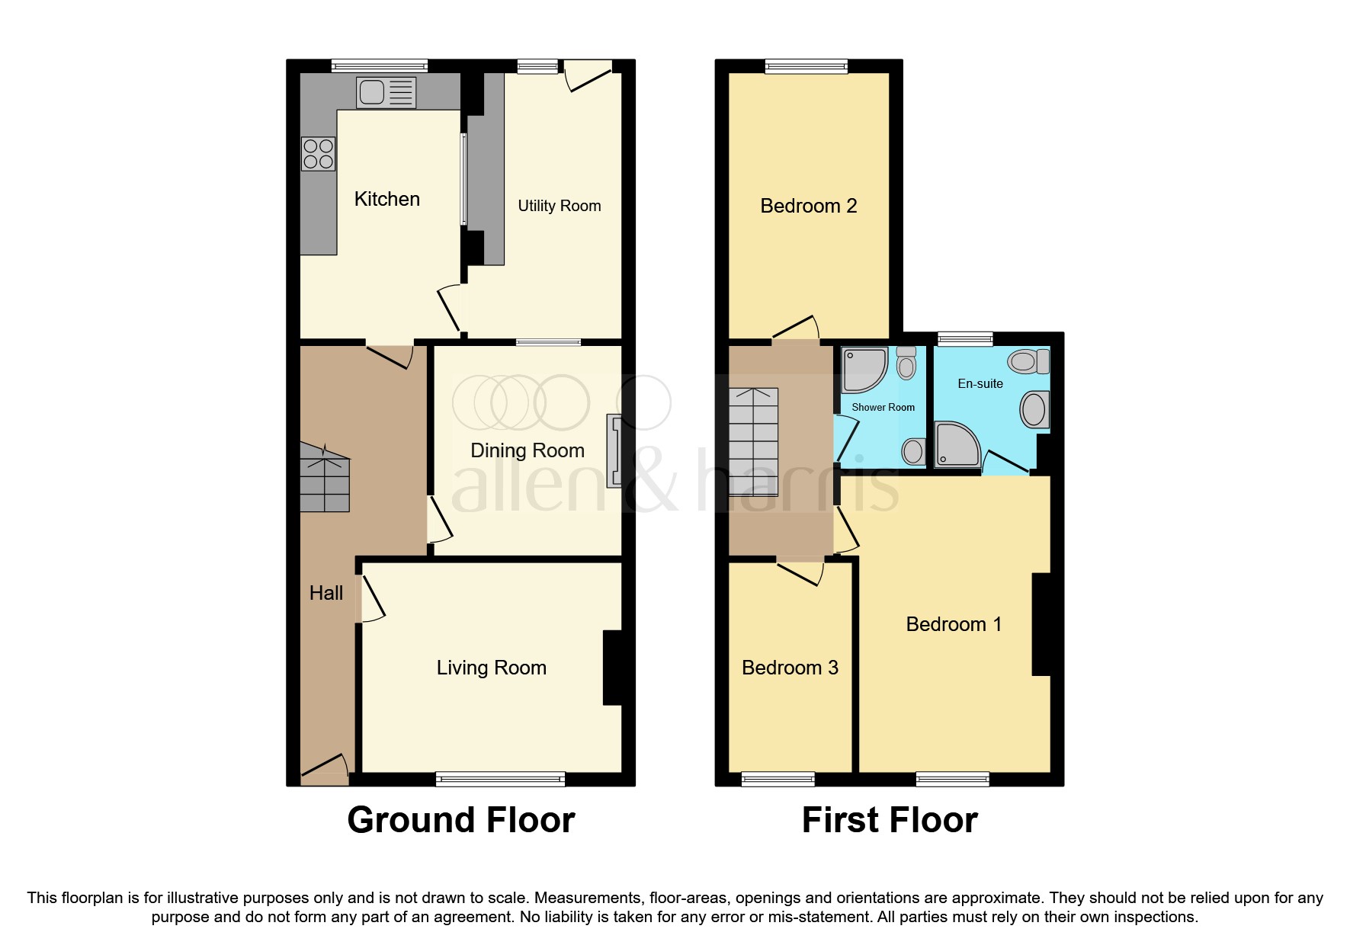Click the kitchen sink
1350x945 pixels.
[x=386, y=92]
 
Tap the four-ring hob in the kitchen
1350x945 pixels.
[x=318, y=153]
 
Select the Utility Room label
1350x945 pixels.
[x=559, y=206]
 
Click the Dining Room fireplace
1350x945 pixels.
[x=614, y=450]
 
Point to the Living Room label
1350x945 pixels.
[x=491, y=668]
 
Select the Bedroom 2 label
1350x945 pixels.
[x=808, y=206]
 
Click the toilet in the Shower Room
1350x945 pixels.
[x=906, y=363]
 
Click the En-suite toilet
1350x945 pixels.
[x=1028, y=360]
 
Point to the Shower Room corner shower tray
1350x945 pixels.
[x=864, y=370]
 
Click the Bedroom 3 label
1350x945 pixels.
[x=790, y=668]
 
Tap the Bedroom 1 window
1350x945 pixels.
[x=952, y=778]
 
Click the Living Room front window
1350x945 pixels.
[x=500, y=778]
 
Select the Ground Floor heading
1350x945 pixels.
[x=460, y=821]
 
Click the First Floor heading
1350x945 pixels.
[x=889, y=821]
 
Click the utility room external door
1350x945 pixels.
[x=588, y=76]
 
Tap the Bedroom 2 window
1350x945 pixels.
[x=806, y=66]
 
